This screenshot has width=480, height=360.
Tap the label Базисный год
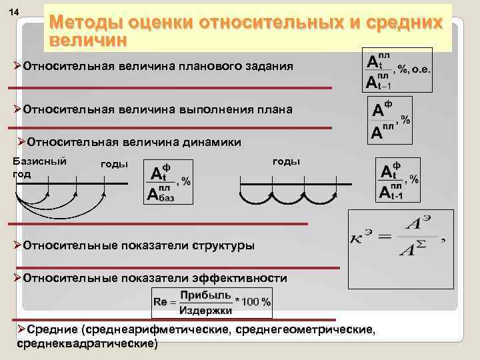[x=39, y=167]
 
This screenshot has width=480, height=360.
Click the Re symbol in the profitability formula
[x=161, y=303]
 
